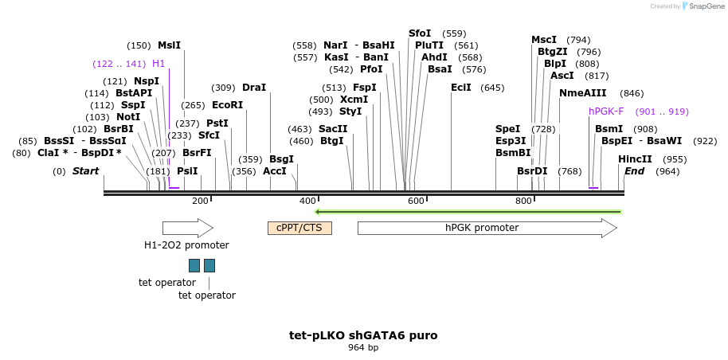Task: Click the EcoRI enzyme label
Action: coord(228,105)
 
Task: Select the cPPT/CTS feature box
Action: coord(299,228)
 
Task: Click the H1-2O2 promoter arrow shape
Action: coord(187,228)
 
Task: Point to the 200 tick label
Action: coord(200,202)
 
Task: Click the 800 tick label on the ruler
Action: coord(523,202)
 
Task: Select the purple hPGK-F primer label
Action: coord(606,112)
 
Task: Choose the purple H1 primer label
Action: coord(159,64)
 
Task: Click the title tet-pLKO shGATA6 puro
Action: coord(363,335)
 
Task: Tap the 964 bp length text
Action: coord(363,347)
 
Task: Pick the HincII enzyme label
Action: coord(635,159)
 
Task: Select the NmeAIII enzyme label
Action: coord(583,93)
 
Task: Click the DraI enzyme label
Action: coord(254,88)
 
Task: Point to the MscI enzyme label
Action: coord(544,40)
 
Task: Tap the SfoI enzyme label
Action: coord(420,33)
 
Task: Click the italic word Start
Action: coord(85,171)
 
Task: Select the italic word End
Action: coord(634,171)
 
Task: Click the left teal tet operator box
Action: coord(194,265)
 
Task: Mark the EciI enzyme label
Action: coord(461,88)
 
